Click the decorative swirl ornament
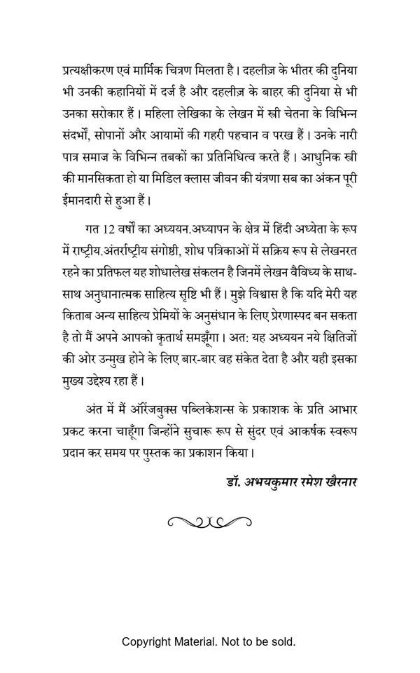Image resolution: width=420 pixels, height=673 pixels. [209, 521]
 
